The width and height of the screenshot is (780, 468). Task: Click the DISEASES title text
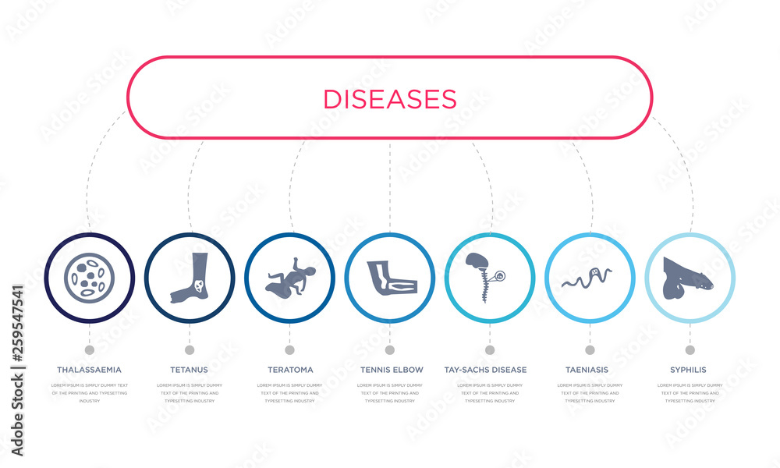pos(389,98)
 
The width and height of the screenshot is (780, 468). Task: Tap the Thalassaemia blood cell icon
pos(90,278)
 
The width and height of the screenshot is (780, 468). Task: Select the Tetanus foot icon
pos(190,278)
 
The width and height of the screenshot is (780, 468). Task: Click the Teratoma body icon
pos(289,278)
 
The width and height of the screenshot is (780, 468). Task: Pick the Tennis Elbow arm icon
pos(390,278)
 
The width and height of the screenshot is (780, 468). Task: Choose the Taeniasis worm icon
pos(589,277)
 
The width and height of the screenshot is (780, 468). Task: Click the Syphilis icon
pos(689,278)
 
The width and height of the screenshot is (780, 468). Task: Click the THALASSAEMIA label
pos(89,369)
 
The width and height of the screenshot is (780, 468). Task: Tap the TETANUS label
pos(189,369)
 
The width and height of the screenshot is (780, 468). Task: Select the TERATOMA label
pos(289,369)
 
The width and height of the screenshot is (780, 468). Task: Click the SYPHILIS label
pos(690,369)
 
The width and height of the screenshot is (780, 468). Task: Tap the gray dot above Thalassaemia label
pos(89,349)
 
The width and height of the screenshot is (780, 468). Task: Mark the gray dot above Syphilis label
pos(690,349)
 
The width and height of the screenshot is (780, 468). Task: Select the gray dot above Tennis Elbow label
pos(389,349)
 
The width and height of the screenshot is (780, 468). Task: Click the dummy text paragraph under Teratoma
pos(289,392)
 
